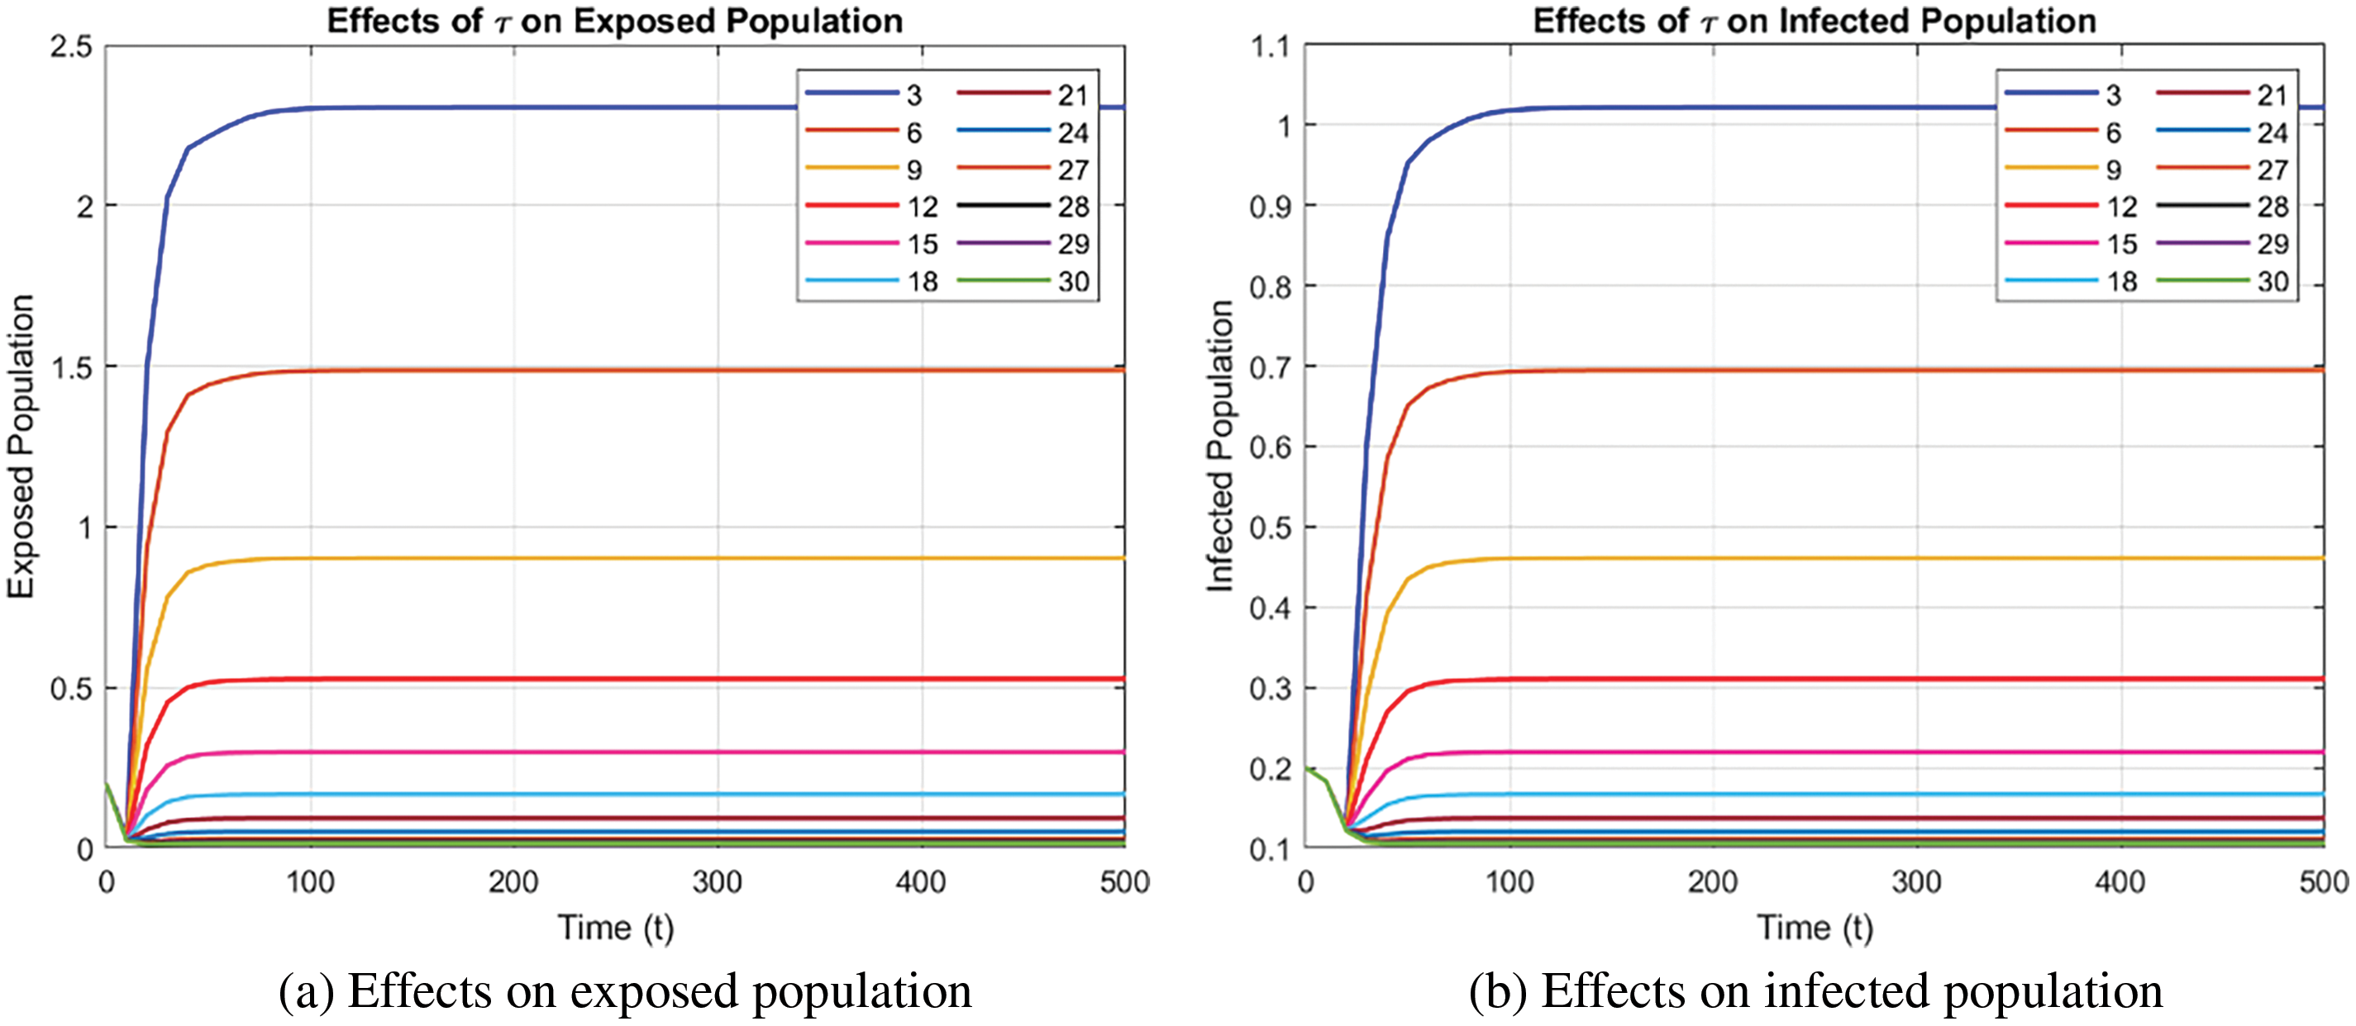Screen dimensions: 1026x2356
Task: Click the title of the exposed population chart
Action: [614, 21]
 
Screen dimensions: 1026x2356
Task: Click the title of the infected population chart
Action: [1814, 21]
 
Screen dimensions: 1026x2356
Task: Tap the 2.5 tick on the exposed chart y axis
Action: [71, 46]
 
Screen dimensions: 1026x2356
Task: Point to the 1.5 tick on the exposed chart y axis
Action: [71, 368]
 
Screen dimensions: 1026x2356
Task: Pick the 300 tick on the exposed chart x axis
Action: [717, 881]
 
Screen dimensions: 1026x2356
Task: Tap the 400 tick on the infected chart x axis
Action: [2120, 881]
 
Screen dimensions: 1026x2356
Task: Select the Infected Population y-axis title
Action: [1220, 446]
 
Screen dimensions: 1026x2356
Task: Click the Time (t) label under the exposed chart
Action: [616, 928]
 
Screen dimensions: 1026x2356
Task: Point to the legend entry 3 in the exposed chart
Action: [913, 95]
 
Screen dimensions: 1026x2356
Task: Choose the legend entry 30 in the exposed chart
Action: [1073, 282]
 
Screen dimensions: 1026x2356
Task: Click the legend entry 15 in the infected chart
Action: [2121, 244]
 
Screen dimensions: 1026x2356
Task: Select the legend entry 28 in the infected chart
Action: [2272, 207]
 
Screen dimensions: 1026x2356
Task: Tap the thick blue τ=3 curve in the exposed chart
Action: [549, 108]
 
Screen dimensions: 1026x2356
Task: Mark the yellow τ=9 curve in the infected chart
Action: [1829, 558]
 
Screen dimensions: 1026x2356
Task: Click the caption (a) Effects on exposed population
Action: [625, 991]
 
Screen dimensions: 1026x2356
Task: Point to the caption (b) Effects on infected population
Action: [1815, 991]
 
